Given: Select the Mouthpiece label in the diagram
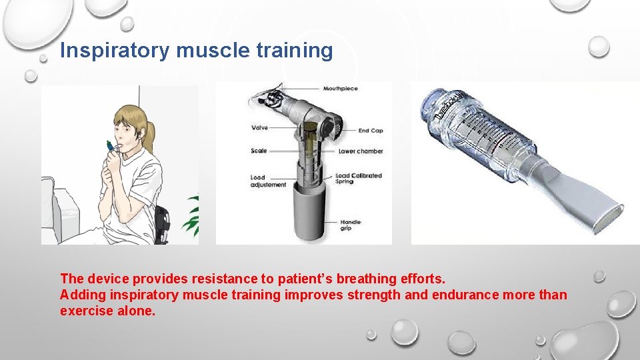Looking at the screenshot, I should [340, 89].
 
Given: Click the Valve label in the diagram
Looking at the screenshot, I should [259, 127].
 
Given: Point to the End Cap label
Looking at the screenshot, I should [371, 131].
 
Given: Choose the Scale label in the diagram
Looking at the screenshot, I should [259, 151].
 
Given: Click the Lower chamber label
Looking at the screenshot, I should [361, 151].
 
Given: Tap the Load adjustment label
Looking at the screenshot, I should [268, 181].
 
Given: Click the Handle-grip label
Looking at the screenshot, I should [350, 225].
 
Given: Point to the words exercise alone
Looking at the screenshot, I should [107, 311].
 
